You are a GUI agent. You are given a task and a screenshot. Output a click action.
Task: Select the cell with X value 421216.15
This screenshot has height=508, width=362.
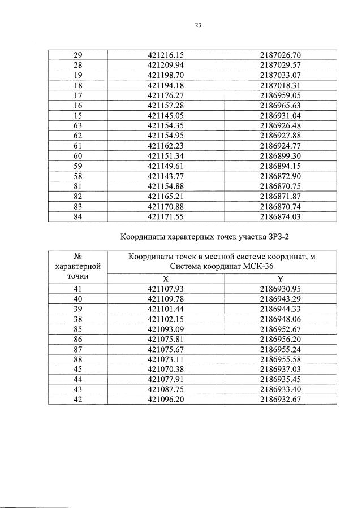pyautogui.click(x=166, y=55)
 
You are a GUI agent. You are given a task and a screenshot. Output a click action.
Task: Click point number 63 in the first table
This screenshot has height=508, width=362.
pyautogui.click(x=79, y=125)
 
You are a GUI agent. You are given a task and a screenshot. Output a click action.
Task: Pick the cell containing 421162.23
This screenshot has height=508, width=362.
pyautogui.click(x=166, y=145)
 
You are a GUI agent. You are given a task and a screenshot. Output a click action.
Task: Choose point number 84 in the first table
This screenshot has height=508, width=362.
pyautogui.click(x=79, y=216)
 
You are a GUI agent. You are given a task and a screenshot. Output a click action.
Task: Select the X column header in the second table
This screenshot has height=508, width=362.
pyautogui.click(x=166, y=279)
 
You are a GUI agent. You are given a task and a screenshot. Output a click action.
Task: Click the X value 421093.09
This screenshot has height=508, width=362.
pyautogui.click(x=166, y=329)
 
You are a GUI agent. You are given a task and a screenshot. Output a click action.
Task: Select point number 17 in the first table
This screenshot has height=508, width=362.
pyautogui.click(x=79, y=95)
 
